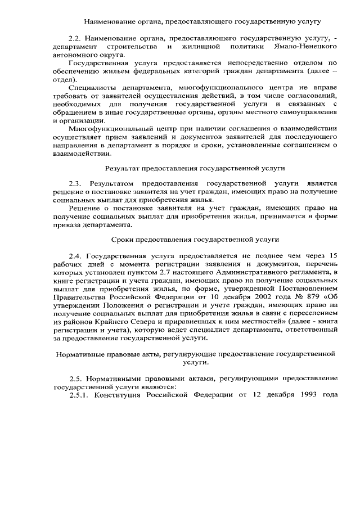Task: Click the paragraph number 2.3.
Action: (75, 183)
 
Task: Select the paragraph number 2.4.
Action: (75, 255)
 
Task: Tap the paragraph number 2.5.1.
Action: (79, 393)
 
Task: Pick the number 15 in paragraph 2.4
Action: (332, 255)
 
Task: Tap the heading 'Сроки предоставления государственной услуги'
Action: (196, 239)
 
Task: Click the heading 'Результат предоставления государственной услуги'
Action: (195, 168)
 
